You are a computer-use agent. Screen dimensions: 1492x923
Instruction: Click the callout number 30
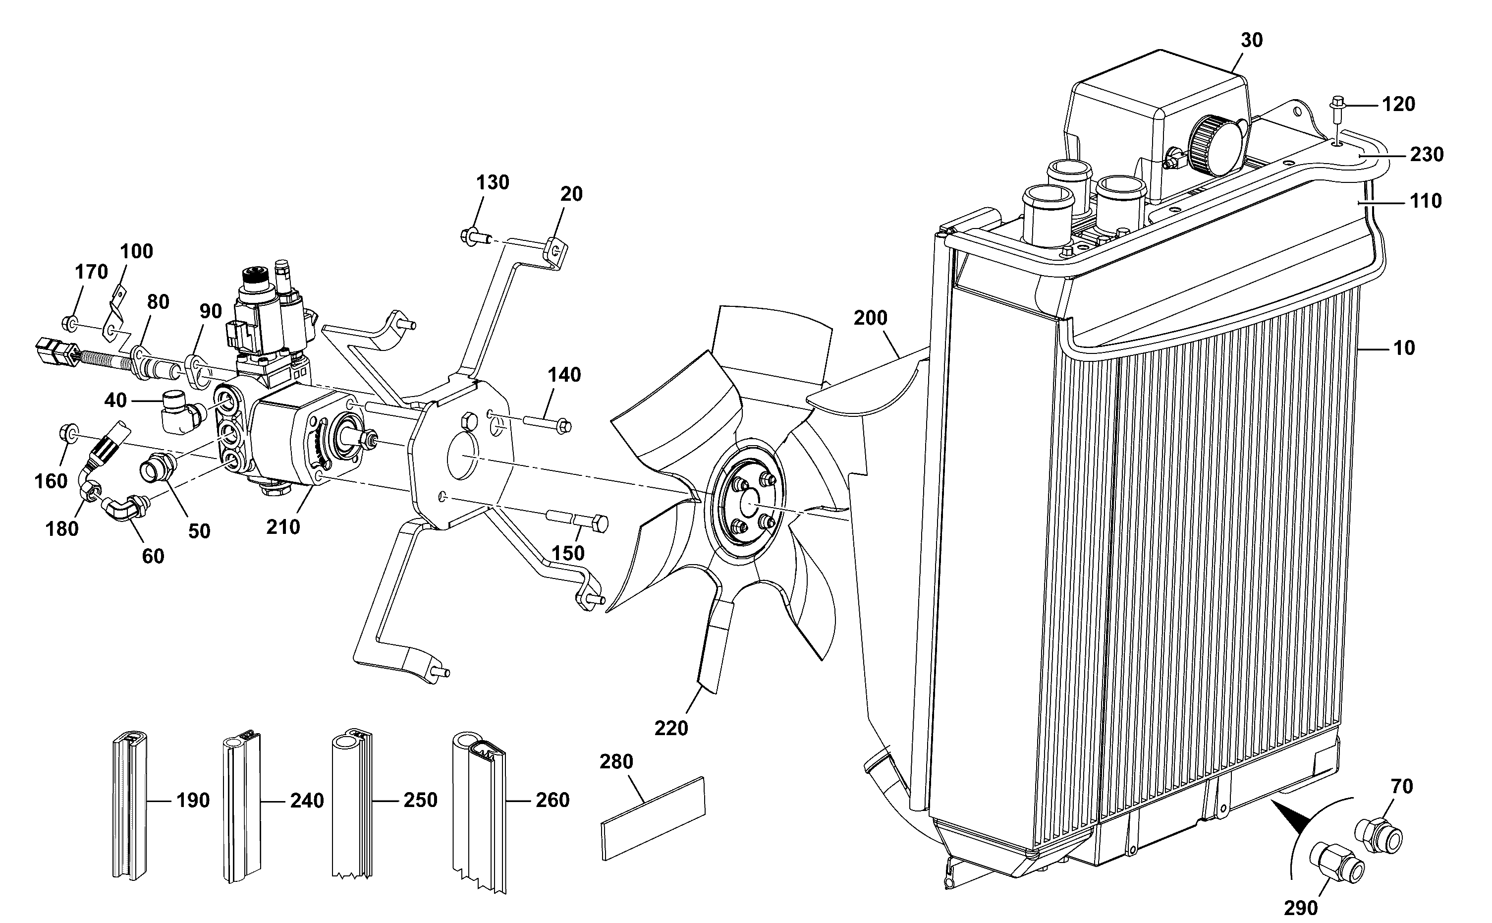(1252, 40)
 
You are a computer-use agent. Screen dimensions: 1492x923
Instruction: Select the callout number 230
(1427, 155)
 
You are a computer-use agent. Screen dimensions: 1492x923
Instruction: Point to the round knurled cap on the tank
(1208, 145)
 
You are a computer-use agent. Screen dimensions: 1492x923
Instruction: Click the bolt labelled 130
(477, 234)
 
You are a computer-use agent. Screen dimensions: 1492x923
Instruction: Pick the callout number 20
(571, 194)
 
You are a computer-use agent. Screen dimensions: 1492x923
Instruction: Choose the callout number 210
(283, 527)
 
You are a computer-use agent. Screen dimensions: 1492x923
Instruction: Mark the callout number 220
(671, 728)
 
